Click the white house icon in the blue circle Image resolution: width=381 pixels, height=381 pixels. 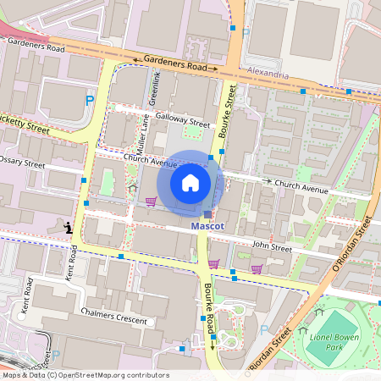click(x=190, y=183)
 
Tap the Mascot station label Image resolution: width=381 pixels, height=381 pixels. click(x=207, y=228)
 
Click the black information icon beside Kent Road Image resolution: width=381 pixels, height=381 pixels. click(x=68, y=227)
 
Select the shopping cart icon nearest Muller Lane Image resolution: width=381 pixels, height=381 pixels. click(x=152, y=202)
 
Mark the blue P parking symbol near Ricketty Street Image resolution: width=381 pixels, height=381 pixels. click(x=90, y=101)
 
